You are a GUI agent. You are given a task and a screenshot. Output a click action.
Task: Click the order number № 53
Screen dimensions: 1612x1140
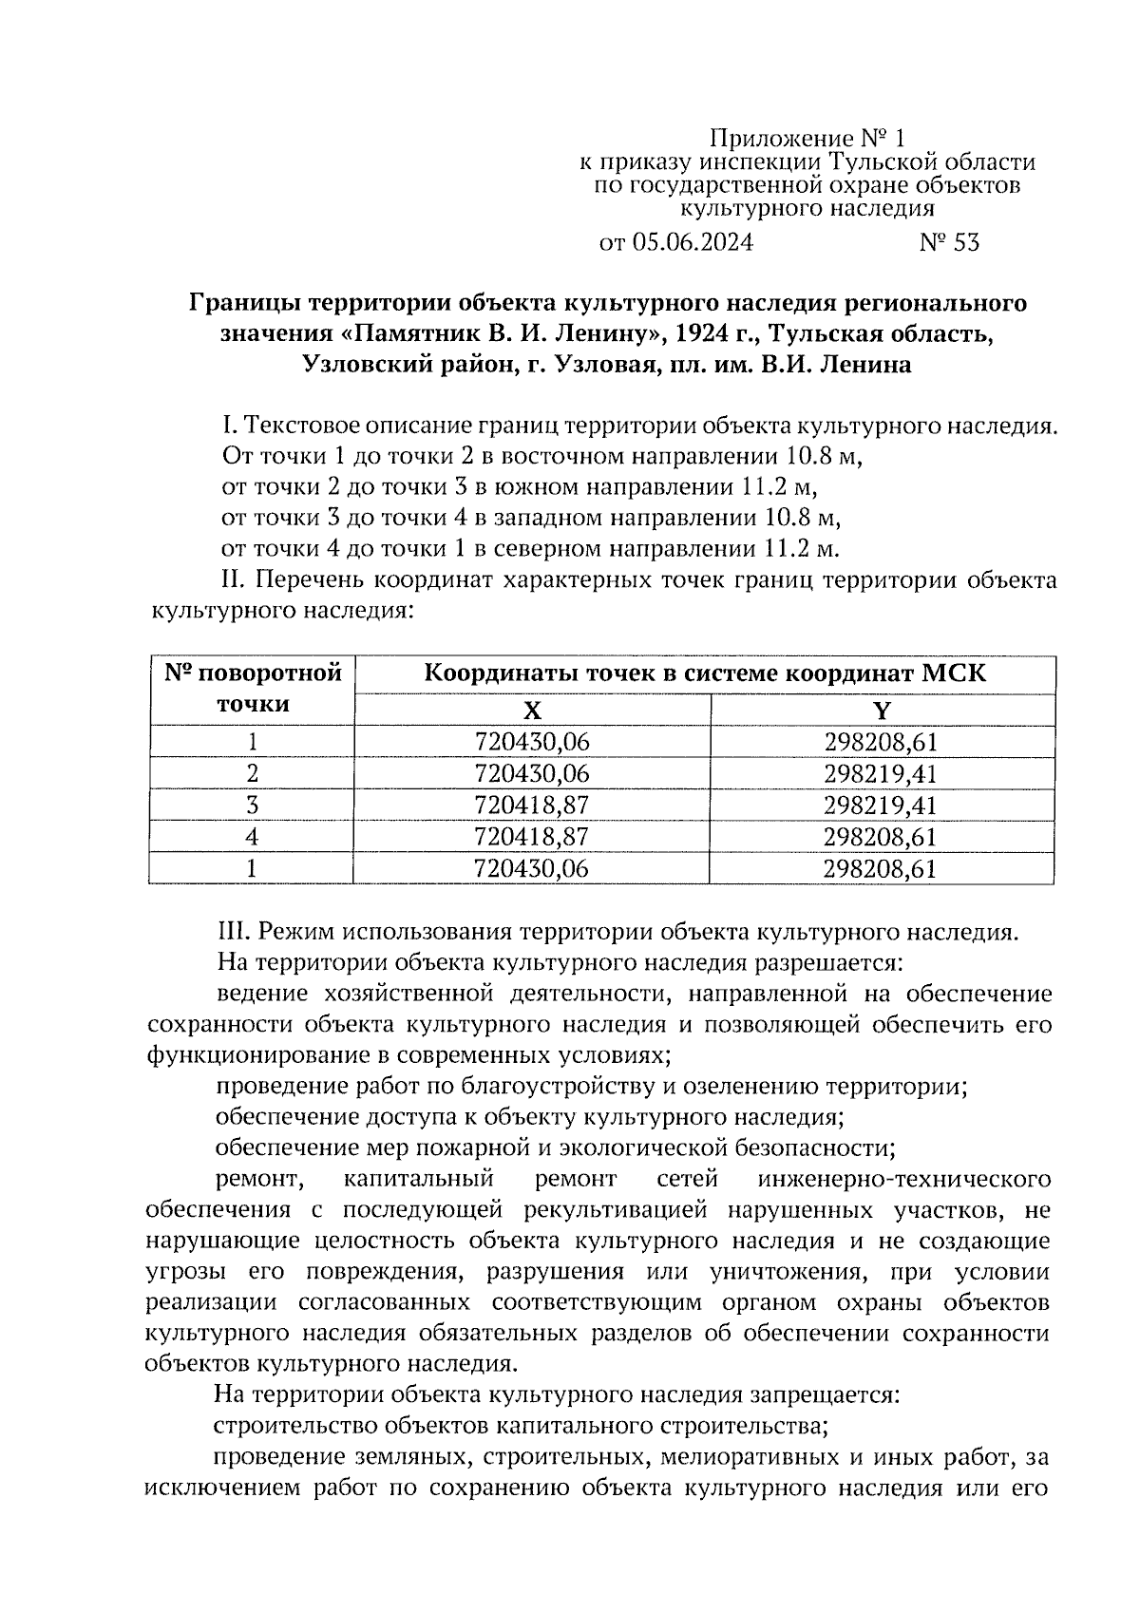click(x=948, y=243)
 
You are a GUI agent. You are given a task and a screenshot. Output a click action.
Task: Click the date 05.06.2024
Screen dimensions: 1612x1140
click(x=690, y=243)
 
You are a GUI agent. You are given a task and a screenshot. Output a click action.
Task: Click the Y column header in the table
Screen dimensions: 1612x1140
click(x=882, y=711)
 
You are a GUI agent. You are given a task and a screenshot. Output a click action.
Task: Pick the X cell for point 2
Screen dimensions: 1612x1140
click(x=532, y=773)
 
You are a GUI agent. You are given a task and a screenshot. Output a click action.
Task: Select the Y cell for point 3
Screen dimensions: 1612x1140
click(x=882, y=806)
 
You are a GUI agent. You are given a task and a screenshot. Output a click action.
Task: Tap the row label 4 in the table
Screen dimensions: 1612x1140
click(x=252, y=837)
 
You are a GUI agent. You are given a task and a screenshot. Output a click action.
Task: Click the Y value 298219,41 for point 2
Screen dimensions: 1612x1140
click(x=882, y=773)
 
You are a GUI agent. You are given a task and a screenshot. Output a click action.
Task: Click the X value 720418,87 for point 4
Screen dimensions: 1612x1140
click(x=532, y=837)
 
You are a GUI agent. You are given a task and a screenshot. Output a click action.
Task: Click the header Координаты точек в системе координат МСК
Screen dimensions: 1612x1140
click(x=704, y=674)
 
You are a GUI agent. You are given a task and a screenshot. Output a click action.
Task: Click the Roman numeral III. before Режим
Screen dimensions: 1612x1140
click(x=234, y=932)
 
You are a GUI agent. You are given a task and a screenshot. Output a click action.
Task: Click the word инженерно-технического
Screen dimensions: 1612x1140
click(x=904, y=1180)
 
